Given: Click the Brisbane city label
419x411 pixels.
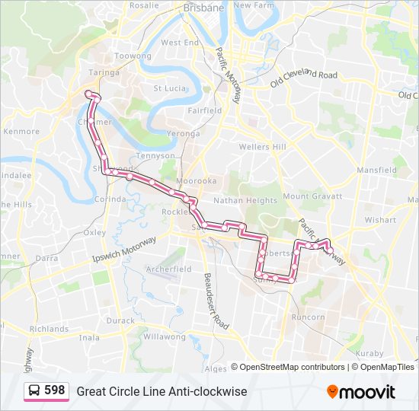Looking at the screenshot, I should pyautogui.click(x=203, y=8).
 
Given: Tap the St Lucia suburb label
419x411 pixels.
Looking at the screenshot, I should pyautogui.click(x=170, y=88).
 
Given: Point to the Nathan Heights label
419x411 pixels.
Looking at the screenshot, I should pyautogui.click(x=245, y=201).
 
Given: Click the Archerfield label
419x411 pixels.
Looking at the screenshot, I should pyautogui.click(x=168, y=269).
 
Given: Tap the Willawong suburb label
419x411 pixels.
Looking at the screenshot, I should pyautogui.click(x=164, y=336).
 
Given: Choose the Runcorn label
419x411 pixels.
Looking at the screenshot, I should pyautogui.click(x=308, y=317).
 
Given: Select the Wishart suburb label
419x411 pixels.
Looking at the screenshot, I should pyautogui.click(x=380, y=220).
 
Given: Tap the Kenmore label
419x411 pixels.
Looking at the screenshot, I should pyautogui.click(x=21, y=132).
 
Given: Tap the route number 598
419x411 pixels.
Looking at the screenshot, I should pyautogui.click(x=54, y=390).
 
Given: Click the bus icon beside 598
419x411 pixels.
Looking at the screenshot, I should pyautogui.click(x=34, y=391).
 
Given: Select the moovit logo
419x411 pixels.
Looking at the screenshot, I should pyautogui.click(x=361, y=392).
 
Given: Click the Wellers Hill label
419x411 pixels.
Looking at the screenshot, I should pyautogui.click(x=261, y=146).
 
